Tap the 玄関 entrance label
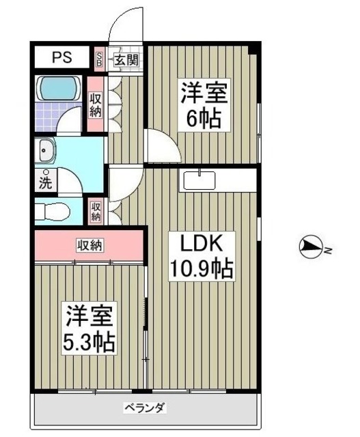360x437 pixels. (x=126, y=59)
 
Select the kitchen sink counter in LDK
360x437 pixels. (x=199, y=180)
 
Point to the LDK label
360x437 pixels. (x=199, y=244)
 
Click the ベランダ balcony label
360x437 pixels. (x=145, y=408)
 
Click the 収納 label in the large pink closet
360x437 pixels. (x=89, y=244)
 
